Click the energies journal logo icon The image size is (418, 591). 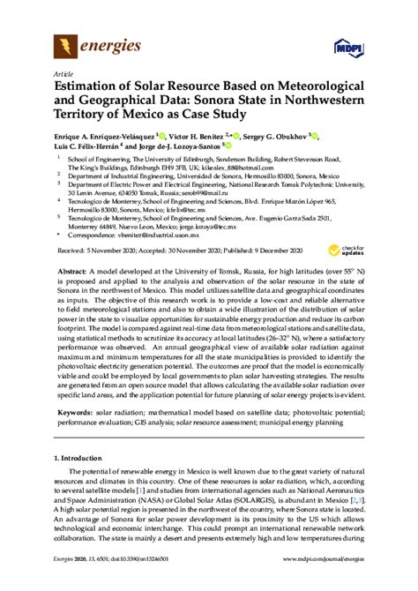tap(67, 46)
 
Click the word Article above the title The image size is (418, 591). tap(63, 75)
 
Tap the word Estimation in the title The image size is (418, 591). tap(94, 88)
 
